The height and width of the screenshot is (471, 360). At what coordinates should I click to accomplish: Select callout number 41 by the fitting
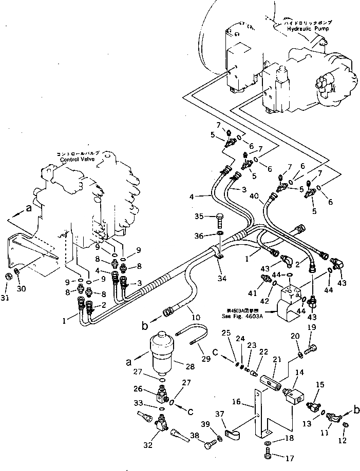click(x=252, y=294)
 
